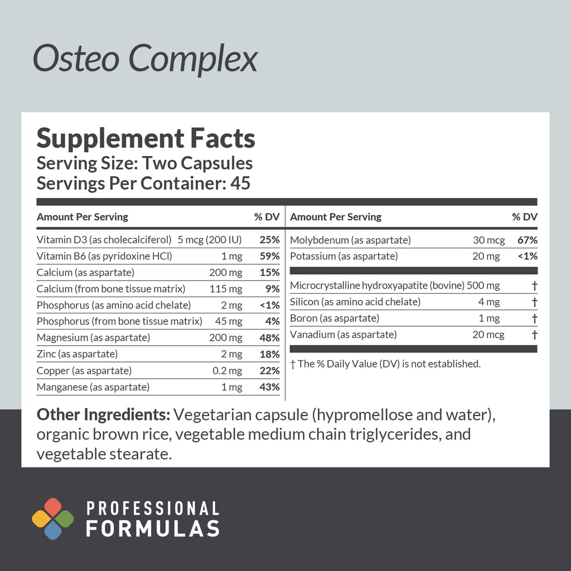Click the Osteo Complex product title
[145, 59]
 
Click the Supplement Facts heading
[146, 138]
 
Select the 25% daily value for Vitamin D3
[269, 240]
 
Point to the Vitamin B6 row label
[104, 257]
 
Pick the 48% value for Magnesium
[269, 338]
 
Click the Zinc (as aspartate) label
[77, 354]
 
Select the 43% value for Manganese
[269, 387]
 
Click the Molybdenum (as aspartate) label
[350, 240]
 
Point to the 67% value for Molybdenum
[527, 240]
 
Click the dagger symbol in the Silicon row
[534, 302]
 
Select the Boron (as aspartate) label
[335, 318]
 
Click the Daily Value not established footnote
[385, 364]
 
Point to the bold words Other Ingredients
[103, 415]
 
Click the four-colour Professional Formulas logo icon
[52, 519]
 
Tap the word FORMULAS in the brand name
[152, 528]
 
